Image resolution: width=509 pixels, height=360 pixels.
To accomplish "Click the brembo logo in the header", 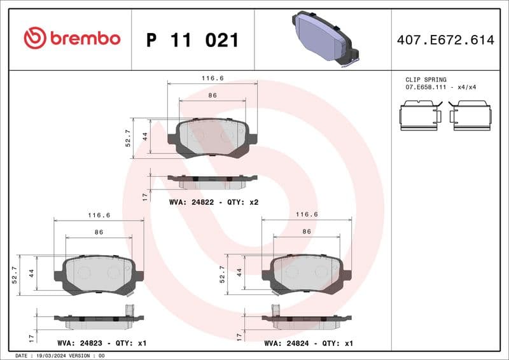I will [x=71, y=38].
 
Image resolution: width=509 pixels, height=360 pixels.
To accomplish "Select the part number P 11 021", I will [x=192, y=40].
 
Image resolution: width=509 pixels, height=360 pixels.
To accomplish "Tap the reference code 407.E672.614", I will [x=445, y=40].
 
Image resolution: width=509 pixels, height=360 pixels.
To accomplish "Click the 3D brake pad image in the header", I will [x=325, y=38].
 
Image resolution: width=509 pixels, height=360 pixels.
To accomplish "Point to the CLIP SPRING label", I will [x=426, y=80].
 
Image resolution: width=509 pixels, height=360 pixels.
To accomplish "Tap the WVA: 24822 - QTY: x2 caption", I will [x=213, y=202].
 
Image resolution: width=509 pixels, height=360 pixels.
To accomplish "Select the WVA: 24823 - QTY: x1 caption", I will [x=102, y=343].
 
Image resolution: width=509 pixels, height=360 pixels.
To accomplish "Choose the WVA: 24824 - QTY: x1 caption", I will [x=309, y=343].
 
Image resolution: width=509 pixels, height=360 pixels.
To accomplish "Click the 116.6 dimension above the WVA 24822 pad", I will [x=213, y=78].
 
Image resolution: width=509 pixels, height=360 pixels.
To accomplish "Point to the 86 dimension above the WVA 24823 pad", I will [x=99, y=232].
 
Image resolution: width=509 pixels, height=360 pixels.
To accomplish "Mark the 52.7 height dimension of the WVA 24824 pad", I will [x=222, y=273].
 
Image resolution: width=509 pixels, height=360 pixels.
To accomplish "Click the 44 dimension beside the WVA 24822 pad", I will [x=145, y=136].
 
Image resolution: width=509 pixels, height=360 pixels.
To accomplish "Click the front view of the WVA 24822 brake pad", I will [x=213, y=137].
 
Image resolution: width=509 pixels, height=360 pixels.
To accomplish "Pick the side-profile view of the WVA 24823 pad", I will [x=99, y=320].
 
